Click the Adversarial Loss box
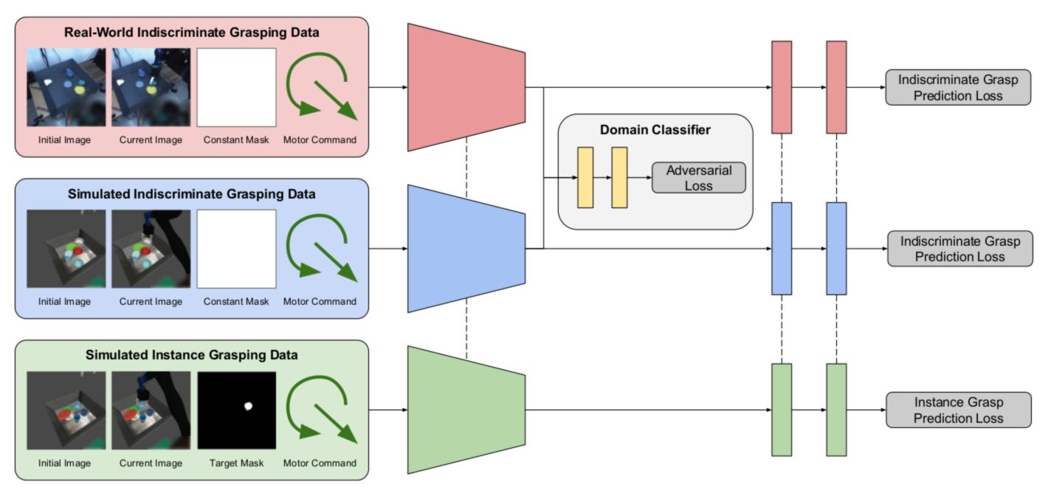click(698, 178)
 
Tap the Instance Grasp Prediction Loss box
click(958, 410)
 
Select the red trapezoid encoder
click(466, 87)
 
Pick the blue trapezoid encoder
click(466, 249)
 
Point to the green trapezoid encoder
click(466, 410)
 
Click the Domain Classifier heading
click(655, 131)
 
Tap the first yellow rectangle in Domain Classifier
click(585, 177)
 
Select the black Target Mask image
click(236, 410)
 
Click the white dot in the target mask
click(248, 405)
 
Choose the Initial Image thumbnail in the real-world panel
click(66, 87)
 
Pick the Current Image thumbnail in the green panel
click(151, 410)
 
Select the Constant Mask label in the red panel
click(236, 140)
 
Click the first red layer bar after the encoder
click(781, 87)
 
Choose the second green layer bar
click(836, 410)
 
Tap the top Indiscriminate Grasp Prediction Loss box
click(958, 88)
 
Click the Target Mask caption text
click(236, 464)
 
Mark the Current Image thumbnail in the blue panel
click(151, 249)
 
